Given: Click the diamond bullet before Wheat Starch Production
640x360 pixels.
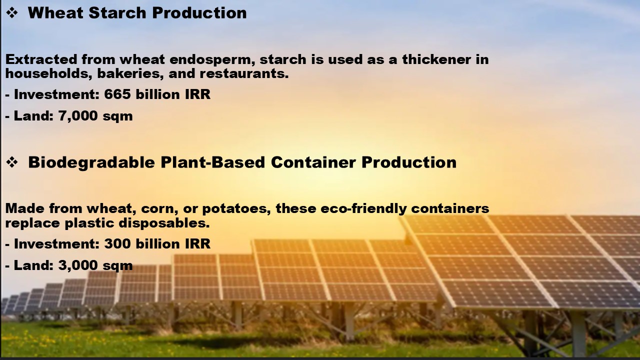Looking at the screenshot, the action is (12, 13).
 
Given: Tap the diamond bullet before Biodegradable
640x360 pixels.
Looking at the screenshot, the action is (12, 162).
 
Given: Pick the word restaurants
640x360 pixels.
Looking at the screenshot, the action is (244, 73).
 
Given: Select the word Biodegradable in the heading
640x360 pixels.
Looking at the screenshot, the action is (91, 162).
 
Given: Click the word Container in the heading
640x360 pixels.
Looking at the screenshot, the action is (313, 162).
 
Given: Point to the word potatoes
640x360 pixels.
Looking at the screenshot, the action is (236, 209).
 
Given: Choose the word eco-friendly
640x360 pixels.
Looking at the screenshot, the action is (363, 209).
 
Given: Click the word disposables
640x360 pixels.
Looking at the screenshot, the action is (164, 223).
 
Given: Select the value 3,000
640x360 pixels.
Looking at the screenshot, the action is (78, 265).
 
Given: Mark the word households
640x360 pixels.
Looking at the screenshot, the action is (48, 73).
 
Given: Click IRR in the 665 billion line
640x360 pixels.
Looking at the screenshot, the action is (197, 94).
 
